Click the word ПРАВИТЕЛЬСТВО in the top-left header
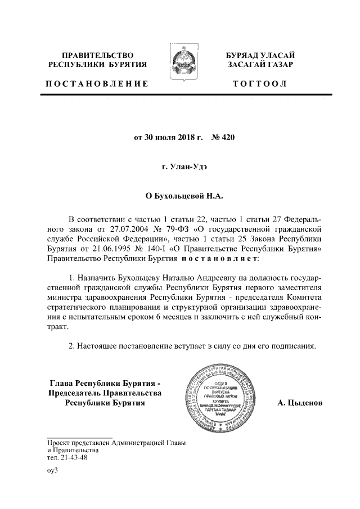(x=97, y=56)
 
